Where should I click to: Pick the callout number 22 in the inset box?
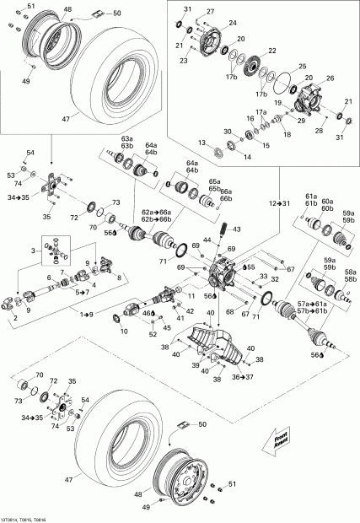click(x=271, y=50)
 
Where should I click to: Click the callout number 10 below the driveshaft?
click(x=125, y=330)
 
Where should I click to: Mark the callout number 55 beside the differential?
click(x=251, y=267)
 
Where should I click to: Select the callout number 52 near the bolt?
click(x=153, y=334)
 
